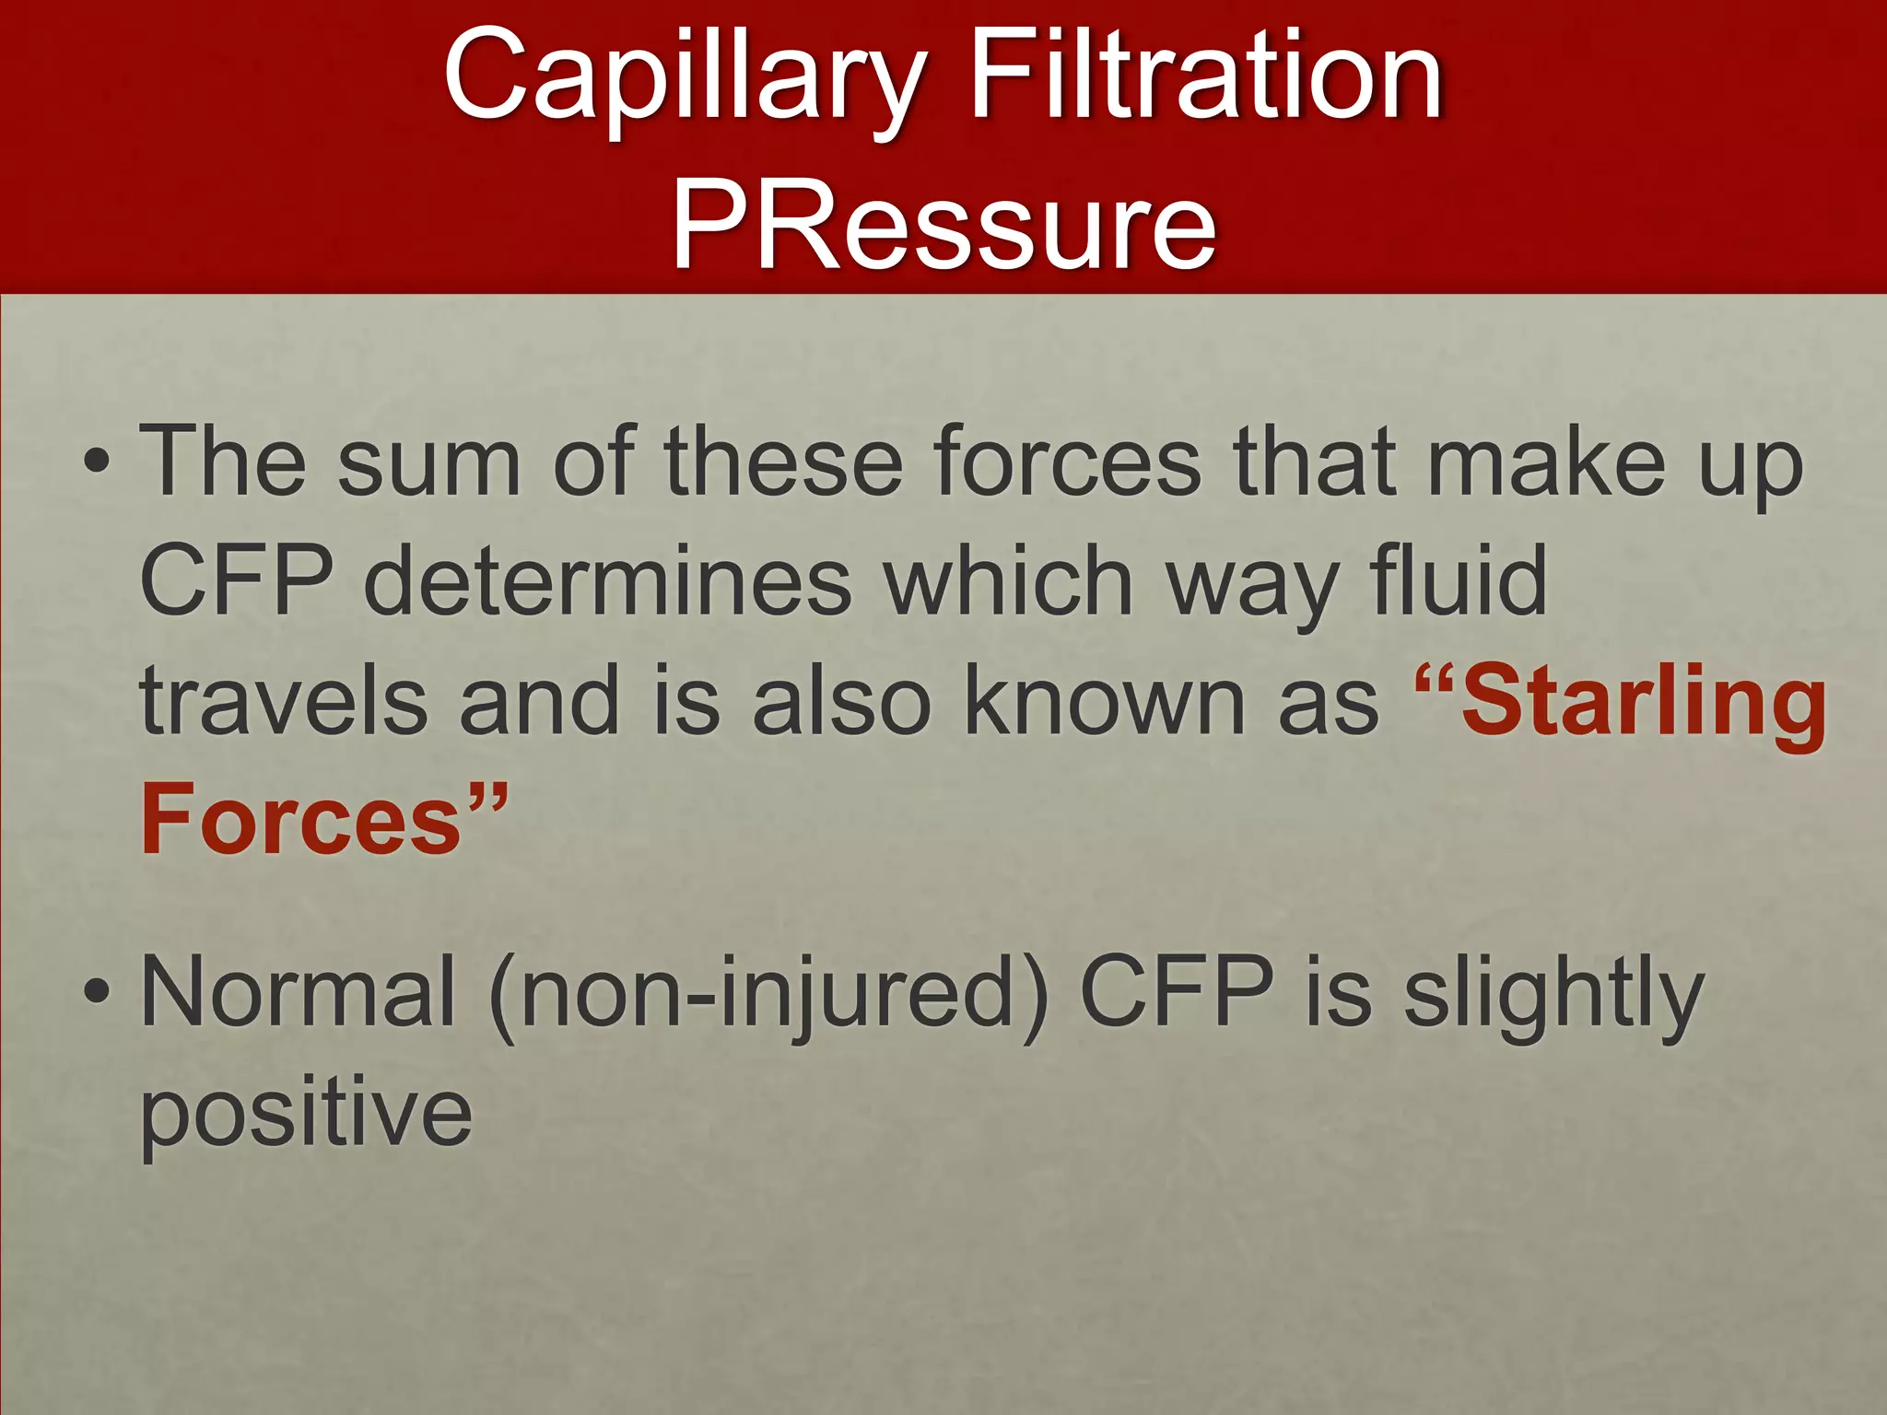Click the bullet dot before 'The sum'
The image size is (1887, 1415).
click(97, 460)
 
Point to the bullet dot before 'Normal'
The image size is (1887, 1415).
click(97, 993)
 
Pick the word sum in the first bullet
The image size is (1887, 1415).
click(428, 460)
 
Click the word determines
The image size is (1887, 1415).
click(608, 580)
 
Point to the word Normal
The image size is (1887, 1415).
click(298, 993)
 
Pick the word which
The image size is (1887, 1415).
click(1008, 580)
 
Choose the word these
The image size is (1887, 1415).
click(782, 460)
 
